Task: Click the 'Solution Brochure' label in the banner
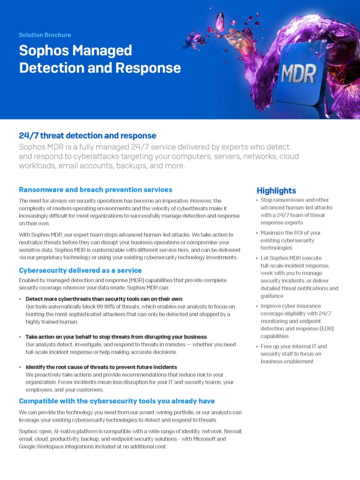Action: [x=45, y=35]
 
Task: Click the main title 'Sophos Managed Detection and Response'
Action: [x=100, y=59]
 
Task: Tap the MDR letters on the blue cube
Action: [x=299, y=74]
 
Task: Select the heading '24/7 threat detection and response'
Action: [x=88, y=135]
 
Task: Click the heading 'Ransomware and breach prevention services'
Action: [x=96, y=190]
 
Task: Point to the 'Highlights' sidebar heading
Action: [x=277, y=191]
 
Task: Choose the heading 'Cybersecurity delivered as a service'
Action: [x=80, y=270]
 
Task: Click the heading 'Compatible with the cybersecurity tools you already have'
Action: [x=117, y=401]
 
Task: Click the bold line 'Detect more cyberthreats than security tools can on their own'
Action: [x=104, y=299]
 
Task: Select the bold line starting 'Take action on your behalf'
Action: [x=116, y=337]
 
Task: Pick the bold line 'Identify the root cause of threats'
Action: [x=101, y=367]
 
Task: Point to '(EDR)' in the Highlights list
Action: [x=327, y=329]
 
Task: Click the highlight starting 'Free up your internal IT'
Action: [x=293, y=354]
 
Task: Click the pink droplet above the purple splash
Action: [x=220, y=22]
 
